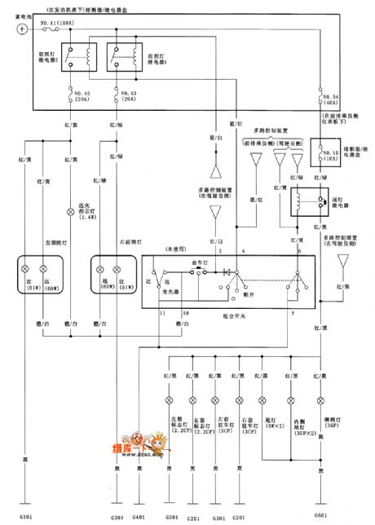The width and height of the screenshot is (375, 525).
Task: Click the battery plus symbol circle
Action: [x=20, y=29]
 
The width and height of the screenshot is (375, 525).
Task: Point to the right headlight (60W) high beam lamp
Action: [x=103, y=268]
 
